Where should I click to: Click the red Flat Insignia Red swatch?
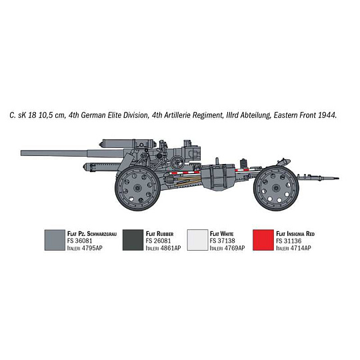click(263, 240)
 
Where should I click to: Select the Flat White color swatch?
click(197, 240)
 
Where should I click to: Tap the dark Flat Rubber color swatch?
click(133, 240)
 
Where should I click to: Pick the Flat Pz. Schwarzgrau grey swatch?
click(55, 240)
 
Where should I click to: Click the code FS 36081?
click(80, 241)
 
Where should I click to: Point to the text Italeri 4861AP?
click(163, 248)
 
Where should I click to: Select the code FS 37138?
click(222, 241)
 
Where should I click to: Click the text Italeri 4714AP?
click(293, 248)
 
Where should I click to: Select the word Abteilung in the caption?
click(255, 115)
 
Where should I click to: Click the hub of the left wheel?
click(137, 188)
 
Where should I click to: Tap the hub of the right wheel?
click(276, 189)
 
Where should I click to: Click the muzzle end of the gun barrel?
click(21, 153)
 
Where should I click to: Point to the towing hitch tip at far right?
click(338, 178)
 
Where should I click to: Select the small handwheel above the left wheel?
click(177, 162)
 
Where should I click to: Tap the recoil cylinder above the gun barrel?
click(128, 143)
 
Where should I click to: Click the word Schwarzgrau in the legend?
click(102, 234)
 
